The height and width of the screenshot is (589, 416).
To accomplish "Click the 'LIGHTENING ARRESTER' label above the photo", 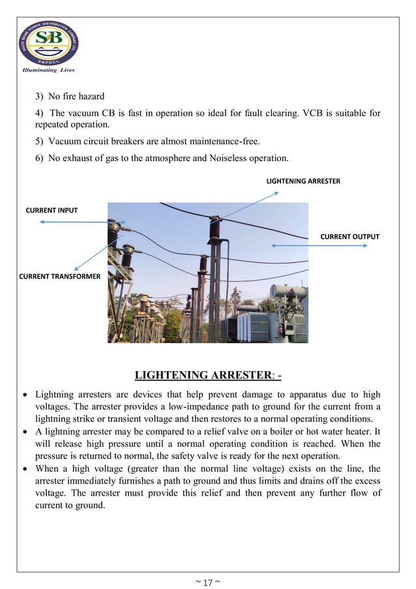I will click(x=303, y=181).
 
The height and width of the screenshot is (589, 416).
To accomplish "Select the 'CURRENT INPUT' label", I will click(x=52, y=210).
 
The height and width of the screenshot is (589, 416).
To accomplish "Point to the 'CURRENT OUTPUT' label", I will click(x=349, y=236).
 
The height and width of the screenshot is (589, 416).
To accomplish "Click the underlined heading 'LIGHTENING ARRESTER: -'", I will click(x=208, y=375).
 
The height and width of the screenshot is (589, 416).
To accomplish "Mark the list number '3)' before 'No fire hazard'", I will click(x=40, y=97).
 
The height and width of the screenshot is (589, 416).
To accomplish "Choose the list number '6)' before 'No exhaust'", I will click(x=40, y=159).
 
